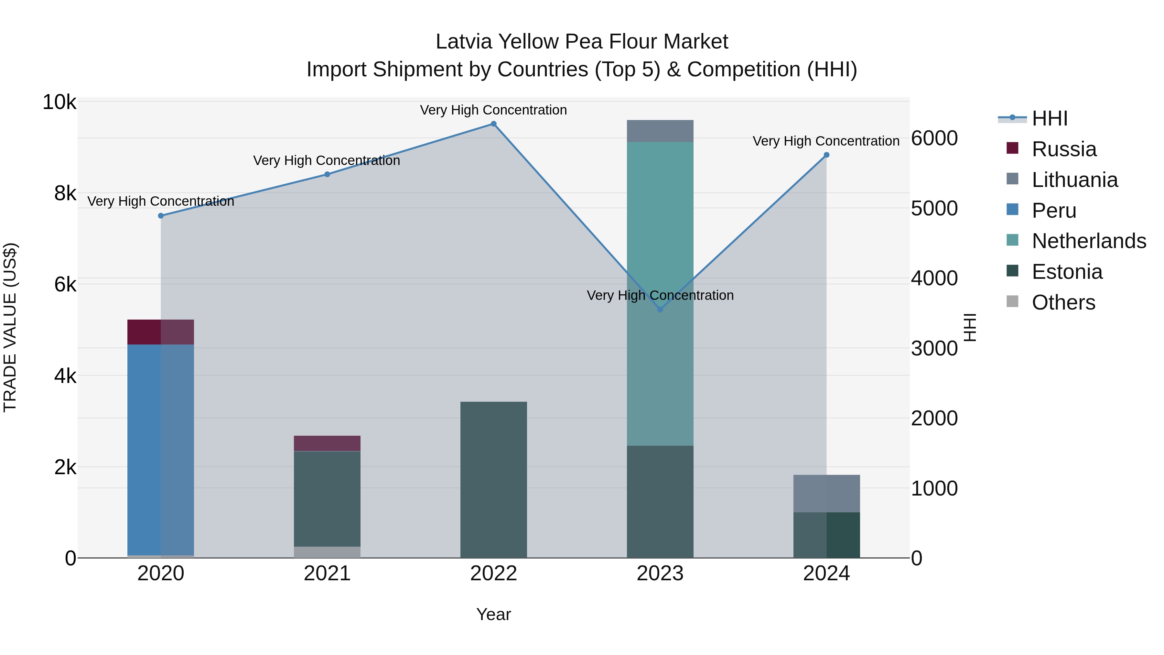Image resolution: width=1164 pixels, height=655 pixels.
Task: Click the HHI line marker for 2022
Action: (493, 124)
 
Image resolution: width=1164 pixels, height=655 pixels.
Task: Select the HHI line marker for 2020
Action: (161, 216)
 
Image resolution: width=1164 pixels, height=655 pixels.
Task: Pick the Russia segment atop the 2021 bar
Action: (327, 443)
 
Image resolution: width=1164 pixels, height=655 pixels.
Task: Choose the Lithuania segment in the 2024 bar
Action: (826, 494)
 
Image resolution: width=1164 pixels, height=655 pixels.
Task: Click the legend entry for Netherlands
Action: (1088, 241)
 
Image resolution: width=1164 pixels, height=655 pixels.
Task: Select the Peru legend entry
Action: (1053, 211)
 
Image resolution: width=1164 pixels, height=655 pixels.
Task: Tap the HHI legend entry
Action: (1049, 118)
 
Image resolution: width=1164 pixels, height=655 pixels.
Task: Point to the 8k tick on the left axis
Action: (65, 193)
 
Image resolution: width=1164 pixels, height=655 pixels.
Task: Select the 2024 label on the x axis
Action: (826, 573)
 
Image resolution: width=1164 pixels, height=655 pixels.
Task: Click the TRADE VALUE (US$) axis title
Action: (10, 327)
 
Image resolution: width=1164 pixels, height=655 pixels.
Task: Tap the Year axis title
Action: (493, 614)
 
